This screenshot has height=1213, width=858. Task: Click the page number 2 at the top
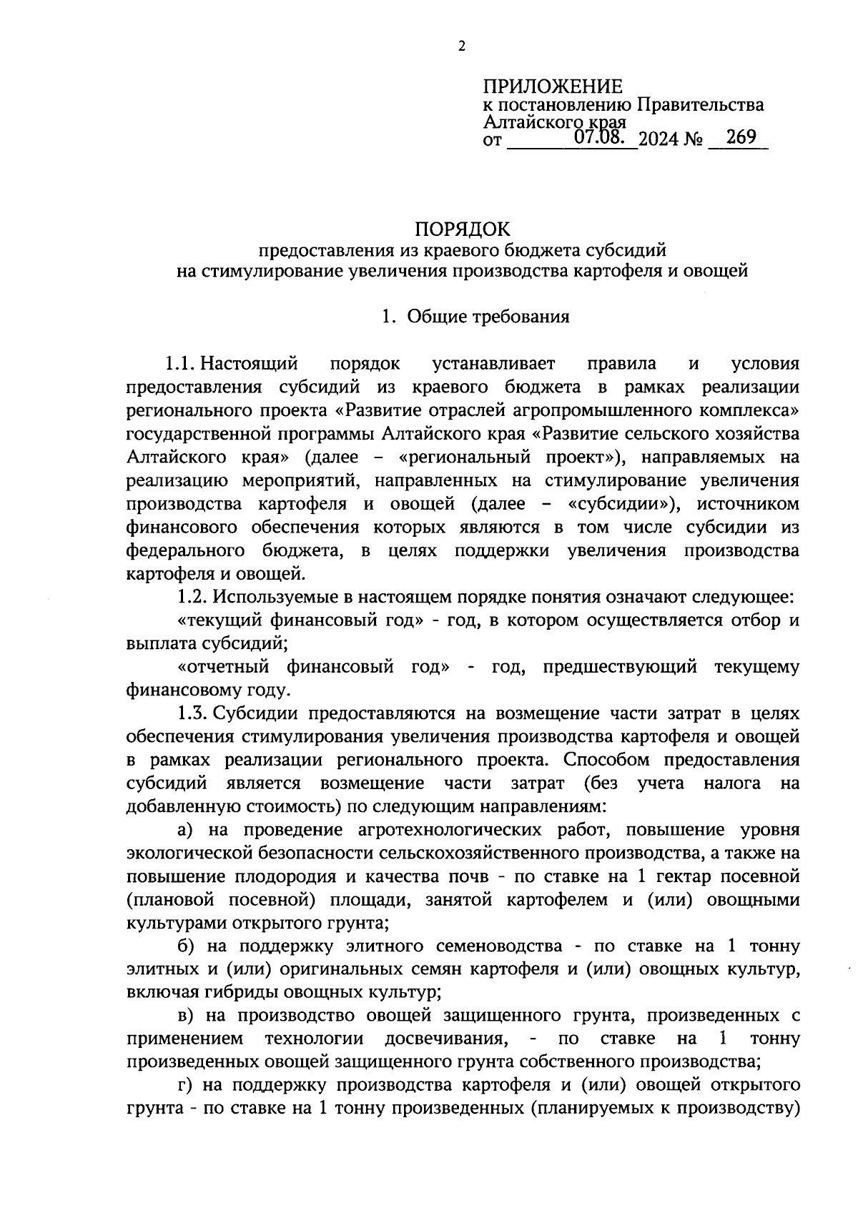click(461, 46)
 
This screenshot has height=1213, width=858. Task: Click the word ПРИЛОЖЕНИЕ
click(553, 87)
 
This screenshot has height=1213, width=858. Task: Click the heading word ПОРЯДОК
click(463, 229)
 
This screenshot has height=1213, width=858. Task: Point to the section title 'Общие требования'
click(488, 317)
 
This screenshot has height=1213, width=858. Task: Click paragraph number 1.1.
click(180, 364)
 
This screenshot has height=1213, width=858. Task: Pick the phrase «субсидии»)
click(621, 504)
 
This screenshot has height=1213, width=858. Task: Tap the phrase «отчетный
click(222, 667)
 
